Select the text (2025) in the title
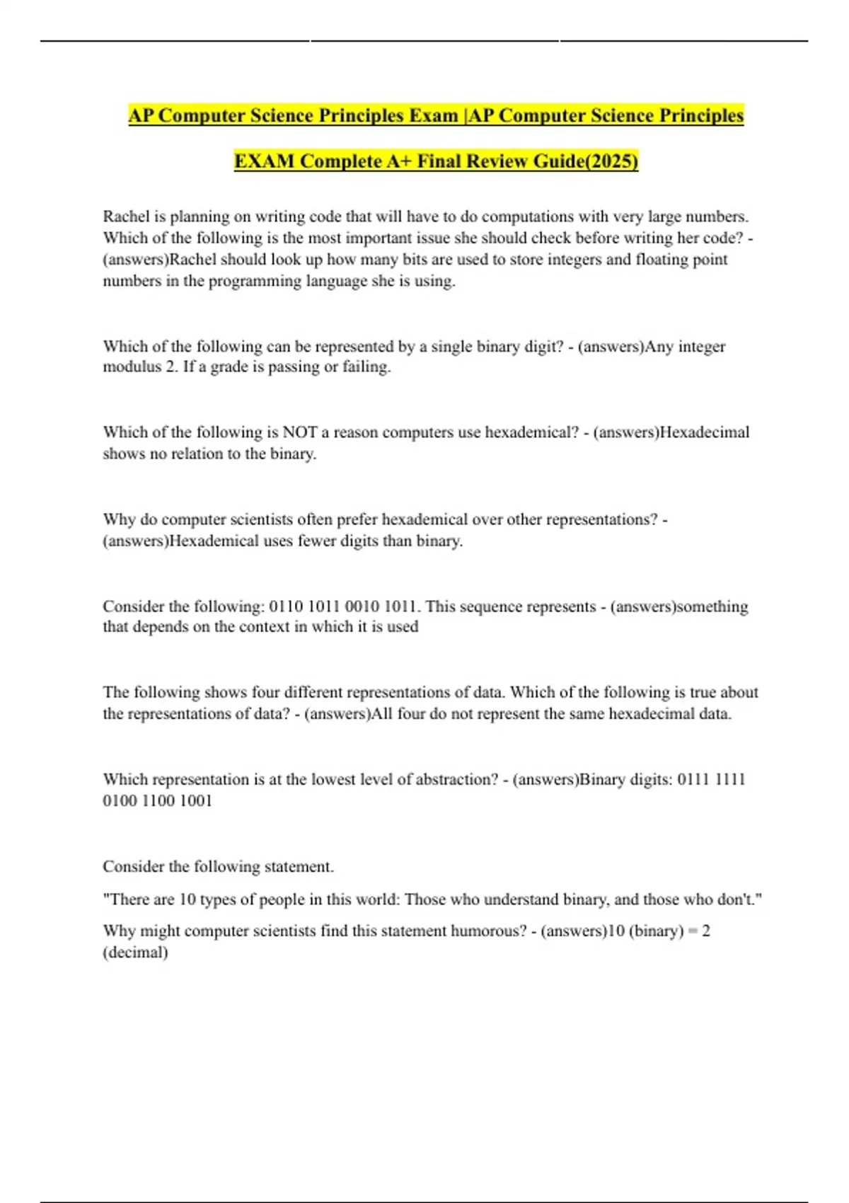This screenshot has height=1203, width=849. point(612,161)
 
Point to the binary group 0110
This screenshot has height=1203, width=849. point(286,607)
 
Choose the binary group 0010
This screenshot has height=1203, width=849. point(362,607)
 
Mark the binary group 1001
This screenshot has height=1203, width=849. point(196,801)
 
